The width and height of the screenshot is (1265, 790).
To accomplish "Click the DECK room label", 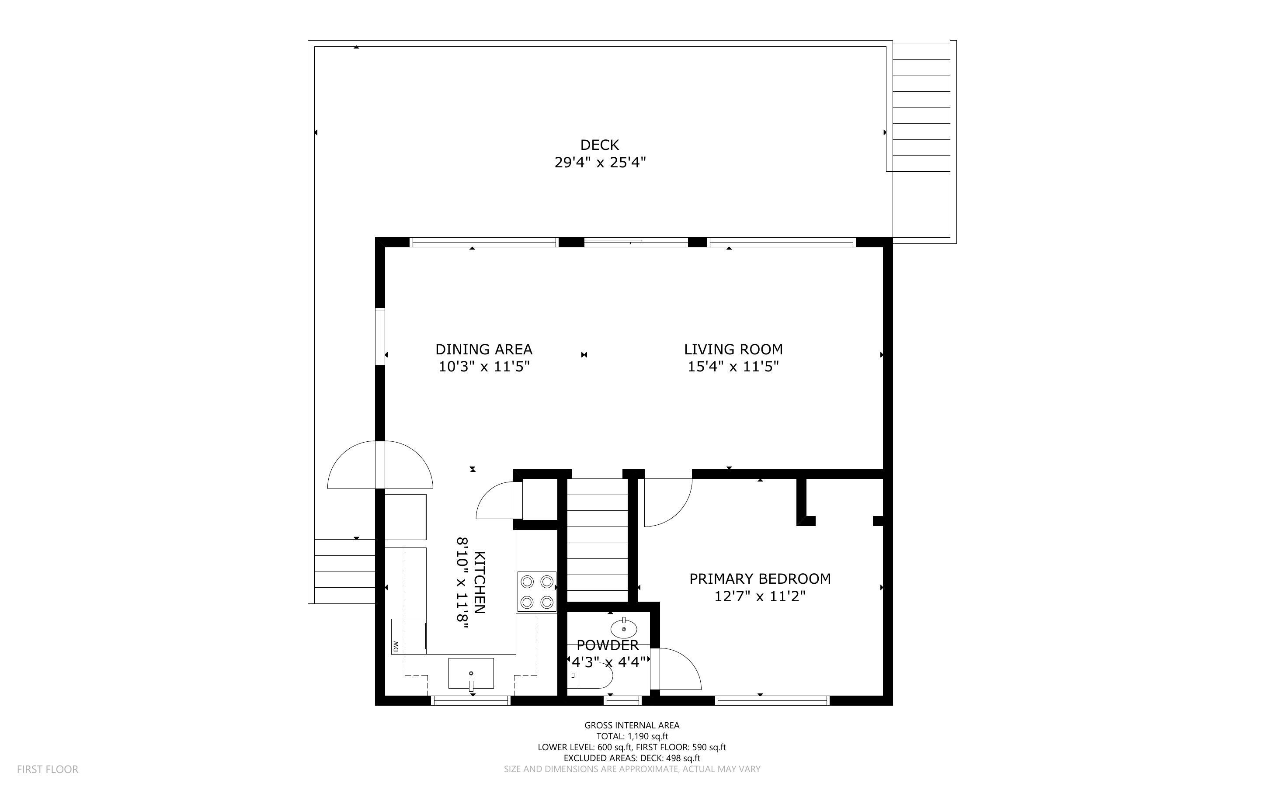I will [x=599, y=145].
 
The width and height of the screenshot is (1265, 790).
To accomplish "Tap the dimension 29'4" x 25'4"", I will [x=600, y=163].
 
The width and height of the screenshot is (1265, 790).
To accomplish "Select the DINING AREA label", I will [x=483, y=349].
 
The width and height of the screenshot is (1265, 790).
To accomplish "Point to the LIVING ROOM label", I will [x=733, y=349].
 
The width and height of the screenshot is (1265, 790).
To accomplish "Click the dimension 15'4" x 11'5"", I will [x=733, y=367].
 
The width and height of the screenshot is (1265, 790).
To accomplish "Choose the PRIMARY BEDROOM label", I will [x=760, y=579].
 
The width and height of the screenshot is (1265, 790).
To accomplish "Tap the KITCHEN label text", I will [x=480, y=582].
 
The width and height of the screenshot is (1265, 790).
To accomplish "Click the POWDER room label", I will [x=607, y=645].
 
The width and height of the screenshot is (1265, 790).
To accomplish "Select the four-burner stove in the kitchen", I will [x=537, y=592].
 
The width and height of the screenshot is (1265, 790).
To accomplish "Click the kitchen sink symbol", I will [x=471, y=673].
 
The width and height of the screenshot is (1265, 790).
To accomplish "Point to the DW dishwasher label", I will [x=396, y=646].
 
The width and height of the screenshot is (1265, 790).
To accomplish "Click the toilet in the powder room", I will [x=591, y=679].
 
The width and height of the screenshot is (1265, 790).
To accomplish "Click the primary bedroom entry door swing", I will [x=666, y=499].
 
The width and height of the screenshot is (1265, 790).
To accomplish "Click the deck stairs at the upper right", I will [x=921, y=107].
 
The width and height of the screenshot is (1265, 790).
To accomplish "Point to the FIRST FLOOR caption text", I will [x=48, y=769].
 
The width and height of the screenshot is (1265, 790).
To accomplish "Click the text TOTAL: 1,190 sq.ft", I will [x=632, y=736].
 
